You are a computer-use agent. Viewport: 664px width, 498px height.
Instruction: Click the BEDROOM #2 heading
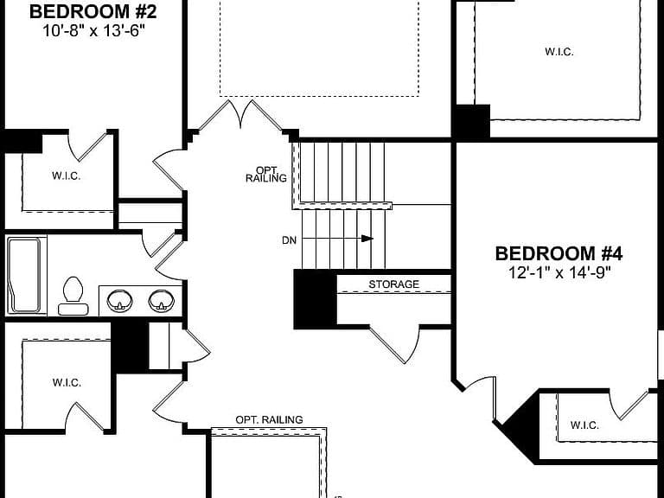(93, 11)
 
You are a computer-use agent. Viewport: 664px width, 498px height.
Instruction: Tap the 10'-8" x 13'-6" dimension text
(93, 31)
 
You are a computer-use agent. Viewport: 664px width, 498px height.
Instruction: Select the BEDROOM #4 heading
(559, 253)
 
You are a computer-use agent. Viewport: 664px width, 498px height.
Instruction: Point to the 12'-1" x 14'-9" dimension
(559, 272)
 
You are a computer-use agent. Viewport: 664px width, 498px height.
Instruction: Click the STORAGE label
(394, 284)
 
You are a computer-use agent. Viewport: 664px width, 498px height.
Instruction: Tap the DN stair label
(290, 240)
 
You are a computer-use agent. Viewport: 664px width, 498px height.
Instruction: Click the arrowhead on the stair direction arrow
(367, 239)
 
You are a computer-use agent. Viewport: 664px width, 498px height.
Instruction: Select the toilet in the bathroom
(73, 296)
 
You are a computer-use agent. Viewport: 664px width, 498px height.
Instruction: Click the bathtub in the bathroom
(25, 275)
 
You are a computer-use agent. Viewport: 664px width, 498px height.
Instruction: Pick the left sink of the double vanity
(119, 301)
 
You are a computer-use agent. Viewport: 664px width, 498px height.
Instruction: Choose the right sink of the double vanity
(162, 301)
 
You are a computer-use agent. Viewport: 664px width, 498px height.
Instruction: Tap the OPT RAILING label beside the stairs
(266, 175)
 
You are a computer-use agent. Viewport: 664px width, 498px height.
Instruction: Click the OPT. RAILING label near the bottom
(270, 419)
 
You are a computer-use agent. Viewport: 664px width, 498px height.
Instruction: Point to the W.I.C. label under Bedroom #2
(67, 176)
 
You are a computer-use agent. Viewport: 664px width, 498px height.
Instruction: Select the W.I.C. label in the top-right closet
(559, 52)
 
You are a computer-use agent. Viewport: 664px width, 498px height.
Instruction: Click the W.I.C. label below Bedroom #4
(584, 425)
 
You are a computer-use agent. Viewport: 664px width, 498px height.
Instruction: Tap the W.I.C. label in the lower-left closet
(67, 382)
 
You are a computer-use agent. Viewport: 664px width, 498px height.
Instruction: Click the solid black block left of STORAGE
(315, 300)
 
